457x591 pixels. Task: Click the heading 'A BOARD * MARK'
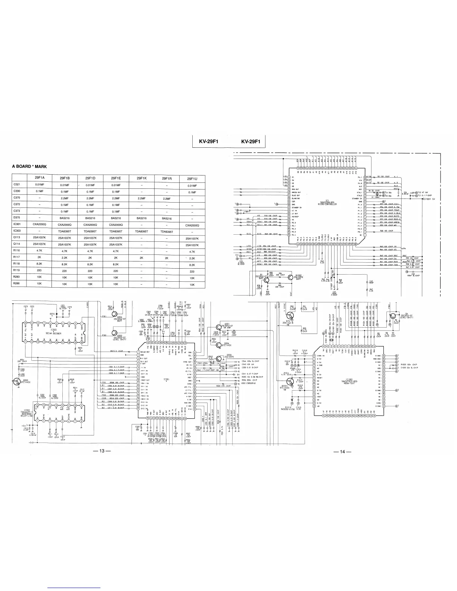click(29, 166)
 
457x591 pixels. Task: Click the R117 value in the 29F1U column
click(192, 258)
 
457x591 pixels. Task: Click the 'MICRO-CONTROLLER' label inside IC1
click(327, 204)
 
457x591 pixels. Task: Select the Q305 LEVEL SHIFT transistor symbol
click(115, 332)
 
